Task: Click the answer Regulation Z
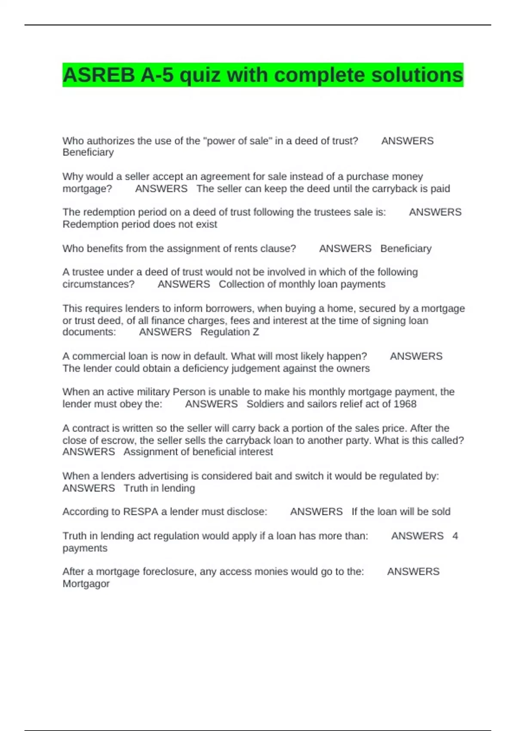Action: click(230, 332)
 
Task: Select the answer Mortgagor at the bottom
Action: click(86, 584)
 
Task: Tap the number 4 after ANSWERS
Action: click(455, 536)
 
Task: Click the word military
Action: click(153, 392)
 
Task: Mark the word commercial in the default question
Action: click(97, 356)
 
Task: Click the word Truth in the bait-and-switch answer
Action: click(136, 488)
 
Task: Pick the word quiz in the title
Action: click(200, 75)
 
